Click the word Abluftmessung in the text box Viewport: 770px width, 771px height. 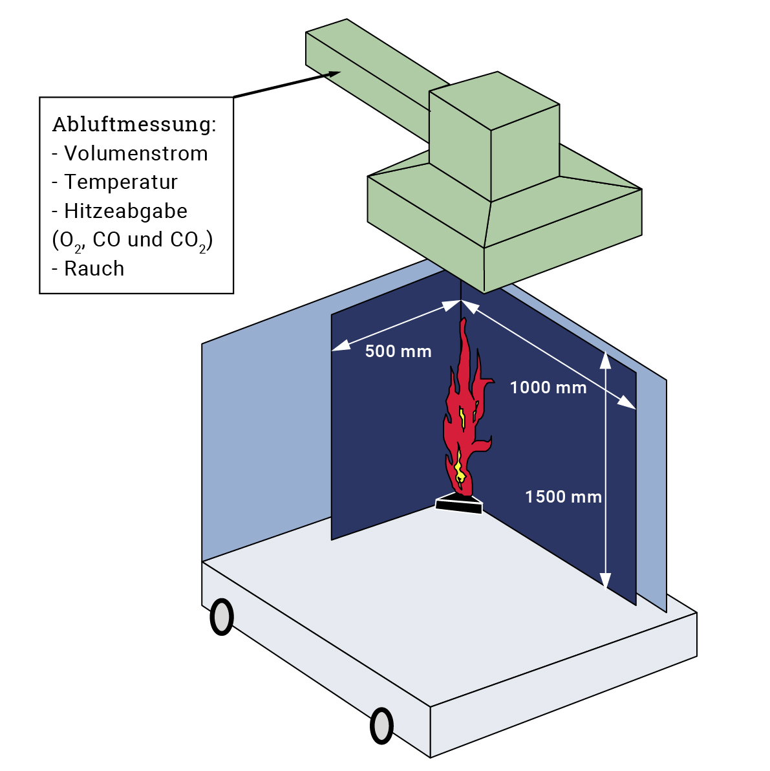point(133,124)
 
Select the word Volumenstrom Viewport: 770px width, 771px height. point(136,153)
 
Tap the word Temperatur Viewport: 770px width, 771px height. point(121,182)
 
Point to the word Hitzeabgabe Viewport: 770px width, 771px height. point(125,211)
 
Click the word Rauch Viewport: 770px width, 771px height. point(94,268)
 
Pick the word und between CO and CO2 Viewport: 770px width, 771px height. point(145,240)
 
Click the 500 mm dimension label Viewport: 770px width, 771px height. point(398,351)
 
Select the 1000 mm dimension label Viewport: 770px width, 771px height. point(548,387)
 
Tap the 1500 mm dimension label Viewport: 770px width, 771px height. point(563,497)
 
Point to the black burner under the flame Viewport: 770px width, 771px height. point(460,504)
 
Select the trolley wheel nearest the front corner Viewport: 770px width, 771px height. point(381,726)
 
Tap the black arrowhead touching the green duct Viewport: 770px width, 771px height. point(333,74)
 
